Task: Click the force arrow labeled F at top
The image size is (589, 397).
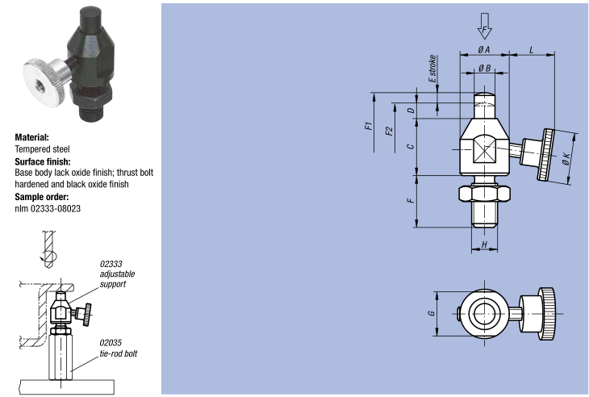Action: (x=484, y=27)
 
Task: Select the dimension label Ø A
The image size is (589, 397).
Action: (x=484, y=50)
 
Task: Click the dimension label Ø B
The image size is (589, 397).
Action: (x=484, y=69)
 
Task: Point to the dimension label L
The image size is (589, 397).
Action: (x=532, y=50)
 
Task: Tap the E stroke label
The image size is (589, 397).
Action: (x=432, y=69)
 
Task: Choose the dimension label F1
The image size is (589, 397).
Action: (x=367, y=127)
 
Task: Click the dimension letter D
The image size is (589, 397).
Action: (x=411, y=110)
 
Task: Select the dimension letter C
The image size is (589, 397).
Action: (x=411, y=146)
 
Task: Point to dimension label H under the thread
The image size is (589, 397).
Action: (x=484, y=244)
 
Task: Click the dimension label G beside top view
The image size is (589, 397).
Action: (x=431, y=313)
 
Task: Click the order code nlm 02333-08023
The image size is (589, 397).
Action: (x=48, y=208)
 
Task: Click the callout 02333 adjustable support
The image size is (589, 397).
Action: (x=114, y=274)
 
